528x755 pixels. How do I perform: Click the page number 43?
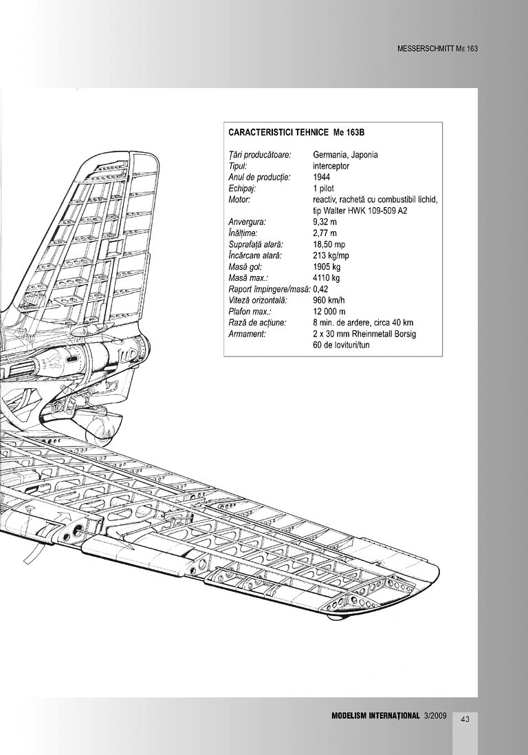(465, 719)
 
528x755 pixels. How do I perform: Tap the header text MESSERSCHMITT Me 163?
(437, 50)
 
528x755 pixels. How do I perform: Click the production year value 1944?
(321, 177)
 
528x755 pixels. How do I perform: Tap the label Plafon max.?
(250, 311)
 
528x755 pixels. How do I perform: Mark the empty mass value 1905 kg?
(327, 266)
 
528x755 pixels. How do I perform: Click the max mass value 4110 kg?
(327, 277)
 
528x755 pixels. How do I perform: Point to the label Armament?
(247, 334)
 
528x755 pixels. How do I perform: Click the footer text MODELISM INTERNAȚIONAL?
(375, 716)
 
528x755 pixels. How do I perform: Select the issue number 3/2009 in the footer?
(435, 716)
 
